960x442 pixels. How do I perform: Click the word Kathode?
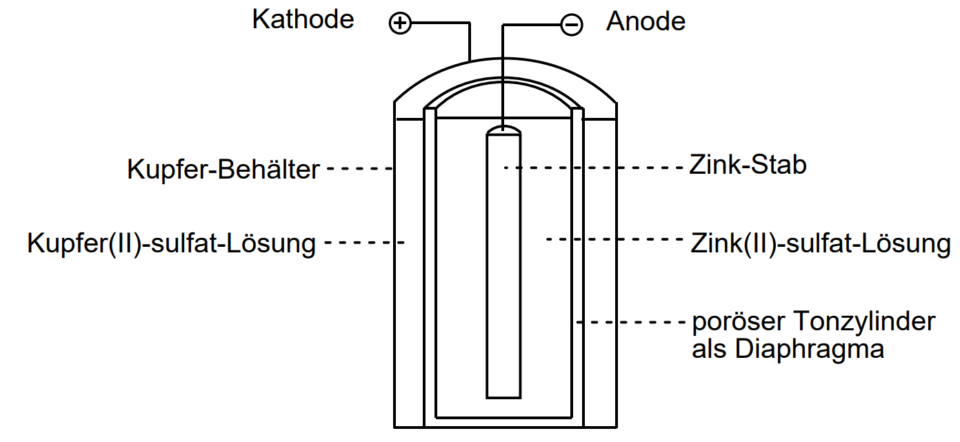tap(303, 19)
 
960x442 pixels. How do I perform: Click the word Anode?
tap(646, 22)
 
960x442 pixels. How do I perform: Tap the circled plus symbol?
tap(400, 24)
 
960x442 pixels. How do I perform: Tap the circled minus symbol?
tap(571, 26)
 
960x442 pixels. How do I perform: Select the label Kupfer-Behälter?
tap(223, 169)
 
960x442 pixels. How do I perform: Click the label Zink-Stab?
tap(748, 165)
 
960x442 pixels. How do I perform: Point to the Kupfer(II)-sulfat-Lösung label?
tap(171, 243)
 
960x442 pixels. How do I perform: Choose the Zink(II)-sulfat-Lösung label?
tap(820, 243)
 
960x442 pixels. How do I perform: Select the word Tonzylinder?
tap(864, 321)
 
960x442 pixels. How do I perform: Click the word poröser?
tap(738, 322)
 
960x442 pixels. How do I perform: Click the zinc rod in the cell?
tap(503, 276)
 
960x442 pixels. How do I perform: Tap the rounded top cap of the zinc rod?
tap(503, 130)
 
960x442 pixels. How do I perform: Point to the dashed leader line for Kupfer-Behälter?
tap(359, 168)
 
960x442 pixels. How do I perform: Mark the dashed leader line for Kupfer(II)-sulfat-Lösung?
tap(363, 242)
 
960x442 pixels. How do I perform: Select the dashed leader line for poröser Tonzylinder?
tap(630, 322)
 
